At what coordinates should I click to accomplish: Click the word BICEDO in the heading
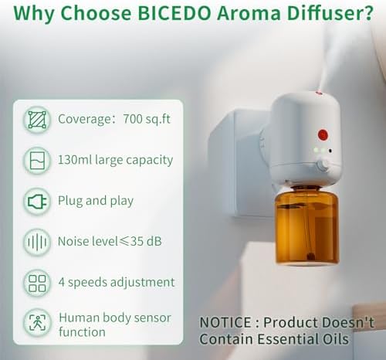pos(174,13)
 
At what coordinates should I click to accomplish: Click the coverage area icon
pos(37,120)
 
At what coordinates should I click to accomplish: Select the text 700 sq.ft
pos(147,119)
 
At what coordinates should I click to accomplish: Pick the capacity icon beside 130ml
pos(37,160)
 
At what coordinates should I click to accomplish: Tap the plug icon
pos(37,202)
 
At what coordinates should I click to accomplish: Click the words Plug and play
pos(96,201)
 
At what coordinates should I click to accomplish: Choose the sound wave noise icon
pos(37,242)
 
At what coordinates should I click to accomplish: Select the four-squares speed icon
pos(37,283)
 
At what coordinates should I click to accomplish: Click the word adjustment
pos(142,283)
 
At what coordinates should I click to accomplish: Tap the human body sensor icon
pos(37,322)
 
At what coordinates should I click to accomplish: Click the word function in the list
pos(82,331)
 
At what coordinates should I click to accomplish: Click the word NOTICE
pos(225,322)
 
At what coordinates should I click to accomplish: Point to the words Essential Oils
pos(303,339)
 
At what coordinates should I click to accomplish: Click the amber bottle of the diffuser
pos(306,228)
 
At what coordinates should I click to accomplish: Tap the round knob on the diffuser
pos(323,165)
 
